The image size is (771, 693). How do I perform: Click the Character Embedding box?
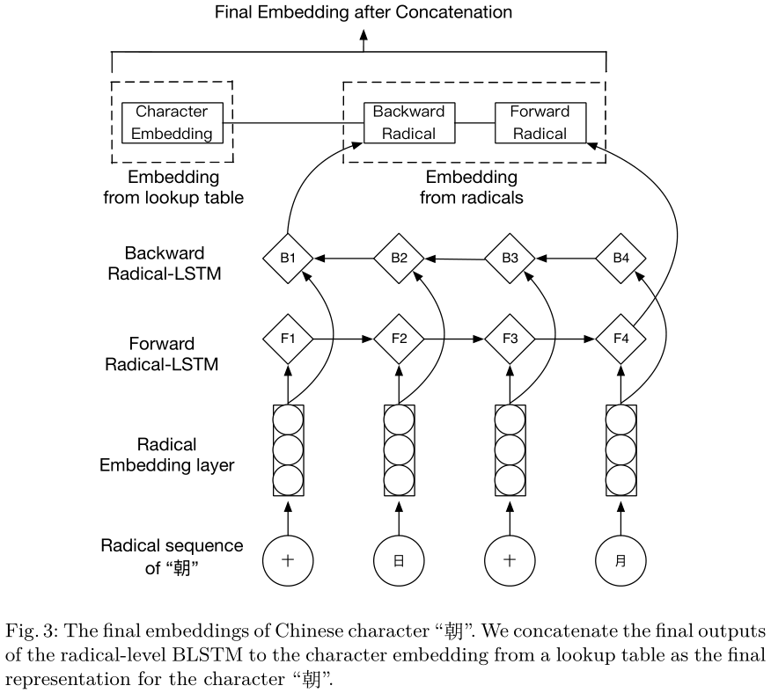click(x=173, y=122)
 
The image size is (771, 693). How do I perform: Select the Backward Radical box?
click(x=410, y=122)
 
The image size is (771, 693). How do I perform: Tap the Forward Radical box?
click(x=540, y=122)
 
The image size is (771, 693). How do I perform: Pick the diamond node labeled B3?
click(x=510, y=259)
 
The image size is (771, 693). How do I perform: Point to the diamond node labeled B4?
click(x=620, y=259)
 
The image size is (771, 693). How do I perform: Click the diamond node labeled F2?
click(x=400, y=338)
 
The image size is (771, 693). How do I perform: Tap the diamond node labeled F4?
click(x=620, y=338)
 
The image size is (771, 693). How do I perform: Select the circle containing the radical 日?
click(x=400, y=560)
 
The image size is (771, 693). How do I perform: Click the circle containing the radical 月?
click(x=620, y=560)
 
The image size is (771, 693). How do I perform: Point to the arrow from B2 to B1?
click(x=344, y=259)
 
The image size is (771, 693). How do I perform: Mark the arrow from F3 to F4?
click(x=565, y=338)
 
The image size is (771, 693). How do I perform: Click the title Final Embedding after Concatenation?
click(x=363, y=12)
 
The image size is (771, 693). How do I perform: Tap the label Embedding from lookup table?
click(x=173, y=188)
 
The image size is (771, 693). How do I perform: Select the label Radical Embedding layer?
click(x=167, y=454)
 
